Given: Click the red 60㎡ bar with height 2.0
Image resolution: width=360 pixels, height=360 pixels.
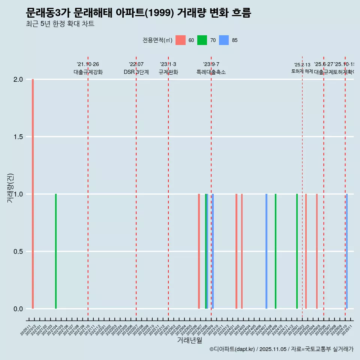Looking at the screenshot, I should (33, 194).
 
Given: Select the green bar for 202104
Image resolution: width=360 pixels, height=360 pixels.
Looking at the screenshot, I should (56, 251).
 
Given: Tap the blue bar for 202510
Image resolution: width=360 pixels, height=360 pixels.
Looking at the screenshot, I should (347, 251).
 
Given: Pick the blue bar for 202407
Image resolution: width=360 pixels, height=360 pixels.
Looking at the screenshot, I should (266, 251).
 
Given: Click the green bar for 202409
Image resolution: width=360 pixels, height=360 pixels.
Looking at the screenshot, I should (276, 251).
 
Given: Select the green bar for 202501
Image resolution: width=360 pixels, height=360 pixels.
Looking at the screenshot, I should (297, 251).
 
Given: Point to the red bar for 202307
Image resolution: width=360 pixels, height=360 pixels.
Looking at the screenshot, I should (199, 251).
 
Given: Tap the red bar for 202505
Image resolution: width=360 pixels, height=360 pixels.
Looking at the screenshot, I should (317, 251).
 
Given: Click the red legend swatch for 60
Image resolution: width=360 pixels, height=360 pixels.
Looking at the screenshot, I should (181, 40).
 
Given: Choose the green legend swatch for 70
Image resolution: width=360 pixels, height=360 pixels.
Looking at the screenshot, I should (202, 40).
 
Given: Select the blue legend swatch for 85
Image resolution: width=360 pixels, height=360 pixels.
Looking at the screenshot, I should (224, 40).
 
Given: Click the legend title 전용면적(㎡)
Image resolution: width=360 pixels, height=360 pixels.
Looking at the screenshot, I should (157, 40).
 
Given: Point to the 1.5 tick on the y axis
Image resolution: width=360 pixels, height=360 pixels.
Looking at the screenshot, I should (18, 137).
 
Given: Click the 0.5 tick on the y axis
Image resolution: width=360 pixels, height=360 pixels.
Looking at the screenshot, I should (18, 252).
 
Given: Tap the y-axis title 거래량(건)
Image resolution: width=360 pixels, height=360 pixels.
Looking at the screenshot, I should (10, 188).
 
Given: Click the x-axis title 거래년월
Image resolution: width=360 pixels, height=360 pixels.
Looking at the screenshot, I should (189, 340).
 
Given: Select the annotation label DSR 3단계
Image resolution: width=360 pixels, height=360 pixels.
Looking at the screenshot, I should (136, 72).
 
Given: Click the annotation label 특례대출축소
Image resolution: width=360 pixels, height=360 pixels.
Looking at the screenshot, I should (211, 72).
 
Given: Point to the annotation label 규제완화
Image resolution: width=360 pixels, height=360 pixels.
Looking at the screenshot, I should (168, 72).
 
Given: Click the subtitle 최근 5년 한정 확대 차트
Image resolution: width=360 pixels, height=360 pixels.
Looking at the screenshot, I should (60, 24).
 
